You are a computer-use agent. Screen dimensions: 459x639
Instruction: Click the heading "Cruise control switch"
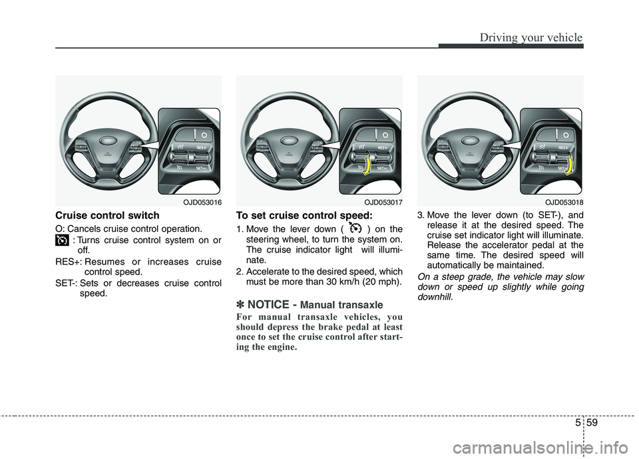107,215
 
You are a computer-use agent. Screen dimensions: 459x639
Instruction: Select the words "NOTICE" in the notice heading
268,304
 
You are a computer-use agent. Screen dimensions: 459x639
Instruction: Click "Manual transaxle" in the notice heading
346,305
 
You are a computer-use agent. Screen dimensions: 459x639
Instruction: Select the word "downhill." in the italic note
435,296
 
